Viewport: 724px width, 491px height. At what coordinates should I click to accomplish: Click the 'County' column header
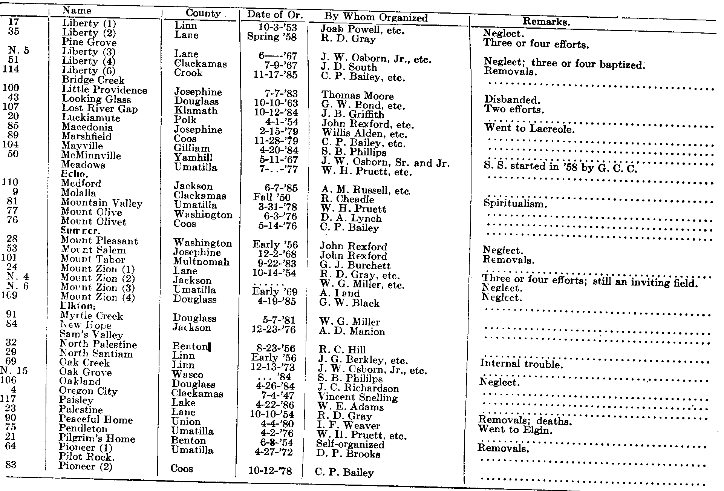203,14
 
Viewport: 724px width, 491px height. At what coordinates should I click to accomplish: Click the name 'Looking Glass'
96,99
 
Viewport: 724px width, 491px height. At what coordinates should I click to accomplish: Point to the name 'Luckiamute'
91,118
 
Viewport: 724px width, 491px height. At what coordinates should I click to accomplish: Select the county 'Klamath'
196,111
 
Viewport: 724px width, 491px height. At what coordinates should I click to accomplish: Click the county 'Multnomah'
201,262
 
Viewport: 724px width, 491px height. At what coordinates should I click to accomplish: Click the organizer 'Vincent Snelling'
358,397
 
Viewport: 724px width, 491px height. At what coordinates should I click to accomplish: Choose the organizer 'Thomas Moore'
357,96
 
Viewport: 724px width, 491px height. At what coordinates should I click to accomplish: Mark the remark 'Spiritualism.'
515,204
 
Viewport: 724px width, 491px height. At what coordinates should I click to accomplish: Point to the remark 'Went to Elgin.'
515,430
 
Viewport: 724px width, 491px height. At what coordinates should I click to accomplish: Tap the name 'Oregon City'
88,391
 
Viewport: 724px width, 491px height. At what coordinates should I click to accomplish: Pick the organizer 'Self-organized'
350,445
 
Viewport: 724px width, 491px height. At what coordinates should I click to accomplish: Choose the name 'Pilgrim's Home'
96,439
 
